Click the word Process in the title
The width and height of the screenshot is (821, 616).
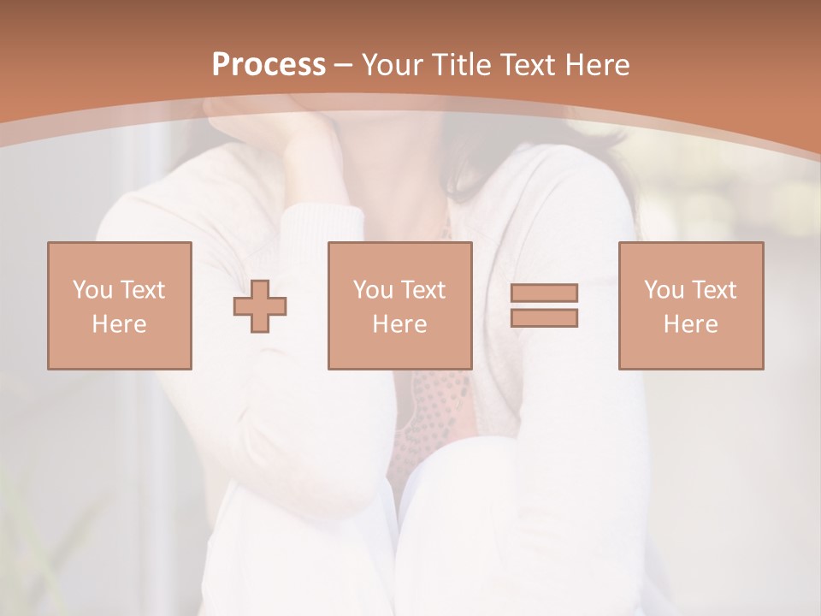269,65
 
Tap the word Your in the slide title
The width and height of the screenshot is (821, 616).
394,65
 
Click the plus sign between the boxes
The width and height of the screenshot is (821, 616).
260,306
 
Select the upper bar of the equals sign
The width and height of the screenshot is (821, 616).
544,293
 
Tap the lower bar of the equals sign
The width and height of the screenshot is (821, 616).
544,318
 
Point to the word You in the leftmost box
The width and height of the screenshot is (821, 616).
92,290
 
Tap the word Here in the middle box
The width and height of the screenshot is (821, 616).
399,324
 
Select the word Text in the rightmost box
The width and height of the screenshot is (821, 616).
713,290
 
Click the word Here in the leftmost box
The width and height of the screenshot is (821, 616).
119,324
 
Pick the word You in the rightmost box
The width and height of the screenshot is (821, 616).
664,290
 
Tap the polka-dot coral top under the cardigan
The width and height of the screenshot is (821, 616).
436,411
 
